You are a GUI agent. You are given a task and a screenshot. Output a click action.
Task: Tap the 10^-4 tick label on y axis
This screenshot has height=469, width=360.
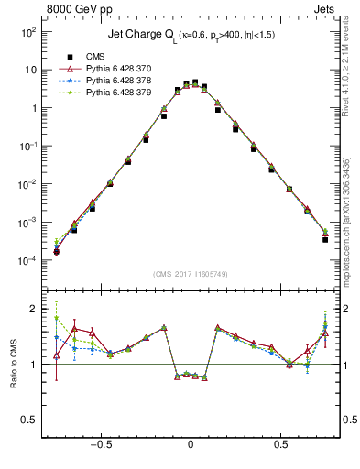click(x=27, y=261)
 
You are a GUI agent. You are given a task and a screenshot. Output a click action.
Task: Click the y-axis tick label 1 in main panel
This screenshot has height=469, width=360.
click(x=32, y=108)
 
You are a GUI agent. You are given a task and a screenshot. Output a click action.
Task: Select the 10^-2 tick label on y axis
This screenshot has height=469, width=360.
click(x=27, y=184)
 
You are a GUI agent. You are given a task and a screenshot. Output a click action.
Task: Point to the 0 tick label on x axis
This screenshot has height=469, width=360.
click(x=191, y=446)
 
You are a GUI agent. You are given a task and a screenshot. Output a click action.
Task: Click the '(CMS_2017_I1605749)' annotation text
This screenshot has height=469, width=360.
click(x=191, y=274)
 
